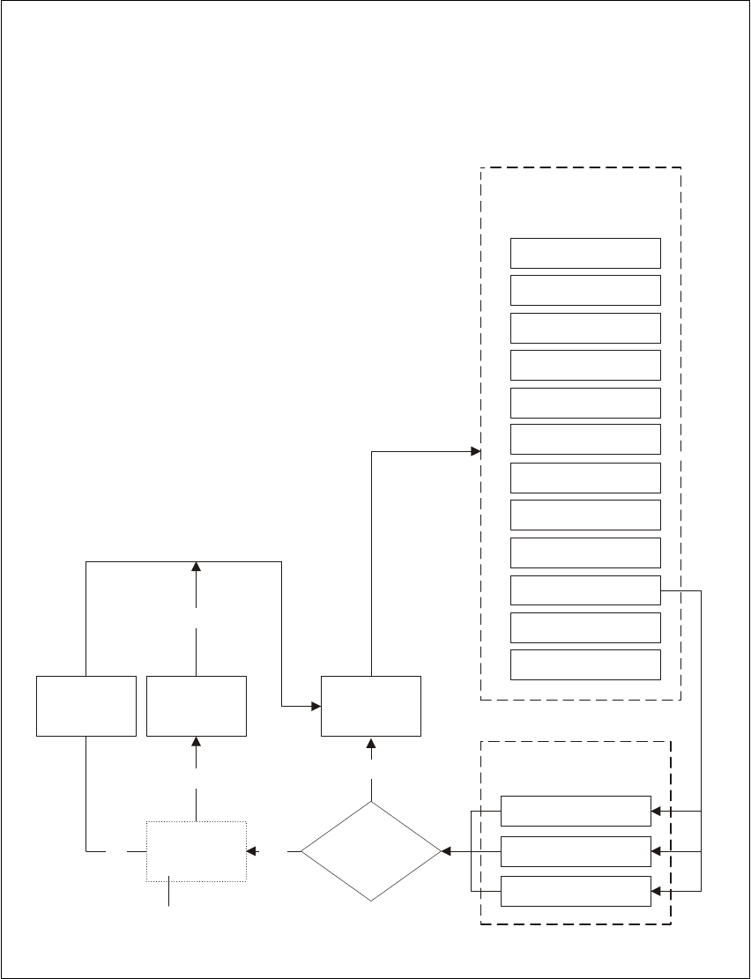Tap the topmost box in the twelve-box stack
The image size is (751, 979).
(x=585, y=253)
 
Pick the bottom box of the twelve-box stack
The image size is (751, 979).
(x=585, y=665)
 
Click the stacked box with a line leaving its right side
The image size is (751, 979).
(x=585, y=590)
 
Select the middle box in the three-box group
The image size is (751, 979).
(x=576, y=852)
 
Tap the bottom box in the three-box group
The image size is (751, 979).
(x=576, y=892)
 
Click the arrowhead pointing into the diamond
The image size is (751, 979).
(x=445, y=852)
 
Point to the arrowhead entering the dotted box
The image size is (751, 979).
(x=251, y=852)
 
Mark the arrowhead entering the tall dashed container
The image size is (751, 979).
(x=475, y=452)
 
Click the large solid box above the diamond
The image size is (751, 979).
(x=370, y=706)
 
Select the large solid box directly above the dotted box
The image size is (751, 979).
(x=196, y=706)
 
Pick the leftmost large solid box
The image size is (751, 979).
(x=86, y=706)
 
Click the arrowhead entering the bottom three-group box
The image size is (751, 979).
(x=656, y=892)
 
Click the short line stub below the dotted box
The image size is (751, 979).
(x=168, y=894)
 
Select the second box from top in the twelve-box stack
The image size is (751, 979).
(x=585, y=290)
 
